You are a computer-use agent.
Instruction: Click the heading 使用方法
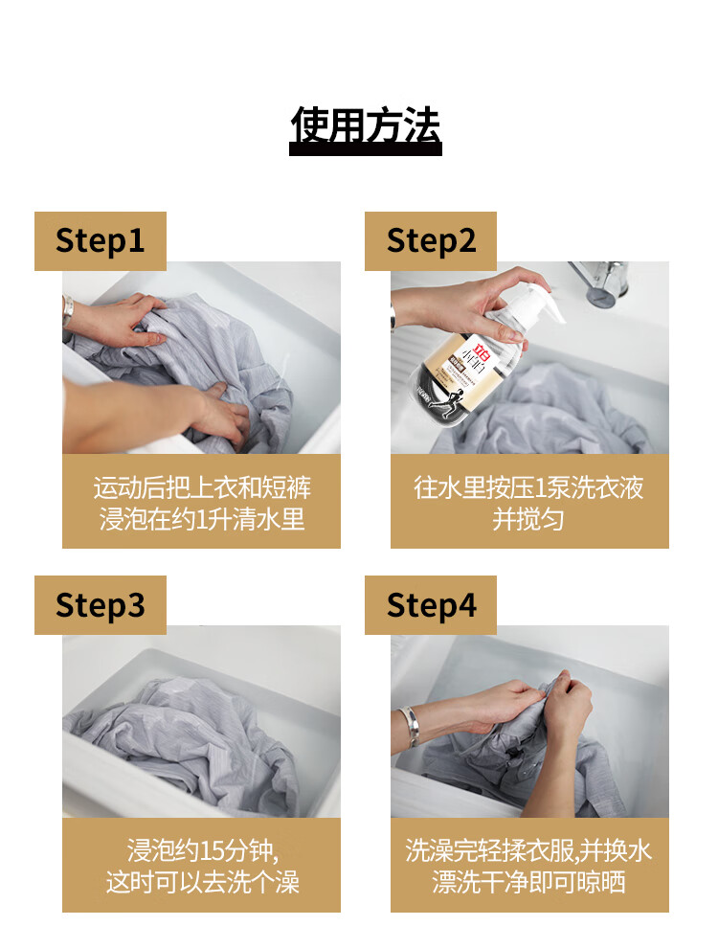coord(366,125)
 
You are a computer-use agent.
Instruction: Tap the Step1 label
coord(101,241)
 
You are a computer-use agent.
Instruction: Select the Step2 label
coord(431,241)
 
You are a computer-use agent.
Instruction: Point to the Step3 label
coord(101,605)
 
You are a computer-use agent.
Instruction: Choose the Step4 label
coord(431,605)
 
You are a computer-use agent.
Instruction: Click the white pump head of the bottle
coord(534,305)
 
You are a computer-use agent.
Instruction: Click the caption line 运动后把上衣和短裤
coord(202,487)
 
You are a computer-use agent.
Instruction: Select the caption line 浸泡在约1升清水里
coord(202,519)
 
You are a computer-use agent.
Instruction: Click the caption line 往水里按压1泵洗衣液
coord(529,487)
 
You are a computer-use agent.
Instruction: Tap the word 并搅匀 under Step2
coord(528,519)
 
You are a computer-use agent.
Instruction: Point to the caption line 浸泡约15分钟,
coord(203,851)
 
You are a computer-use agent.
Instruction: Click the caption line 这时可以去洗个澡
coord(203,882)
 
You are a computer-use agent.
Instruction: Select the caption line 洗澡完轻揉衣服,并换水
coord(528,851)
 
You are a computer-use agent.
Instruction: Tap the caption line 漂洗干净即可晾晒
coord(528,882)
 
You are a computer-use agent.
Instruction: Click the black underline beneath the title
coord(366,150)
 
